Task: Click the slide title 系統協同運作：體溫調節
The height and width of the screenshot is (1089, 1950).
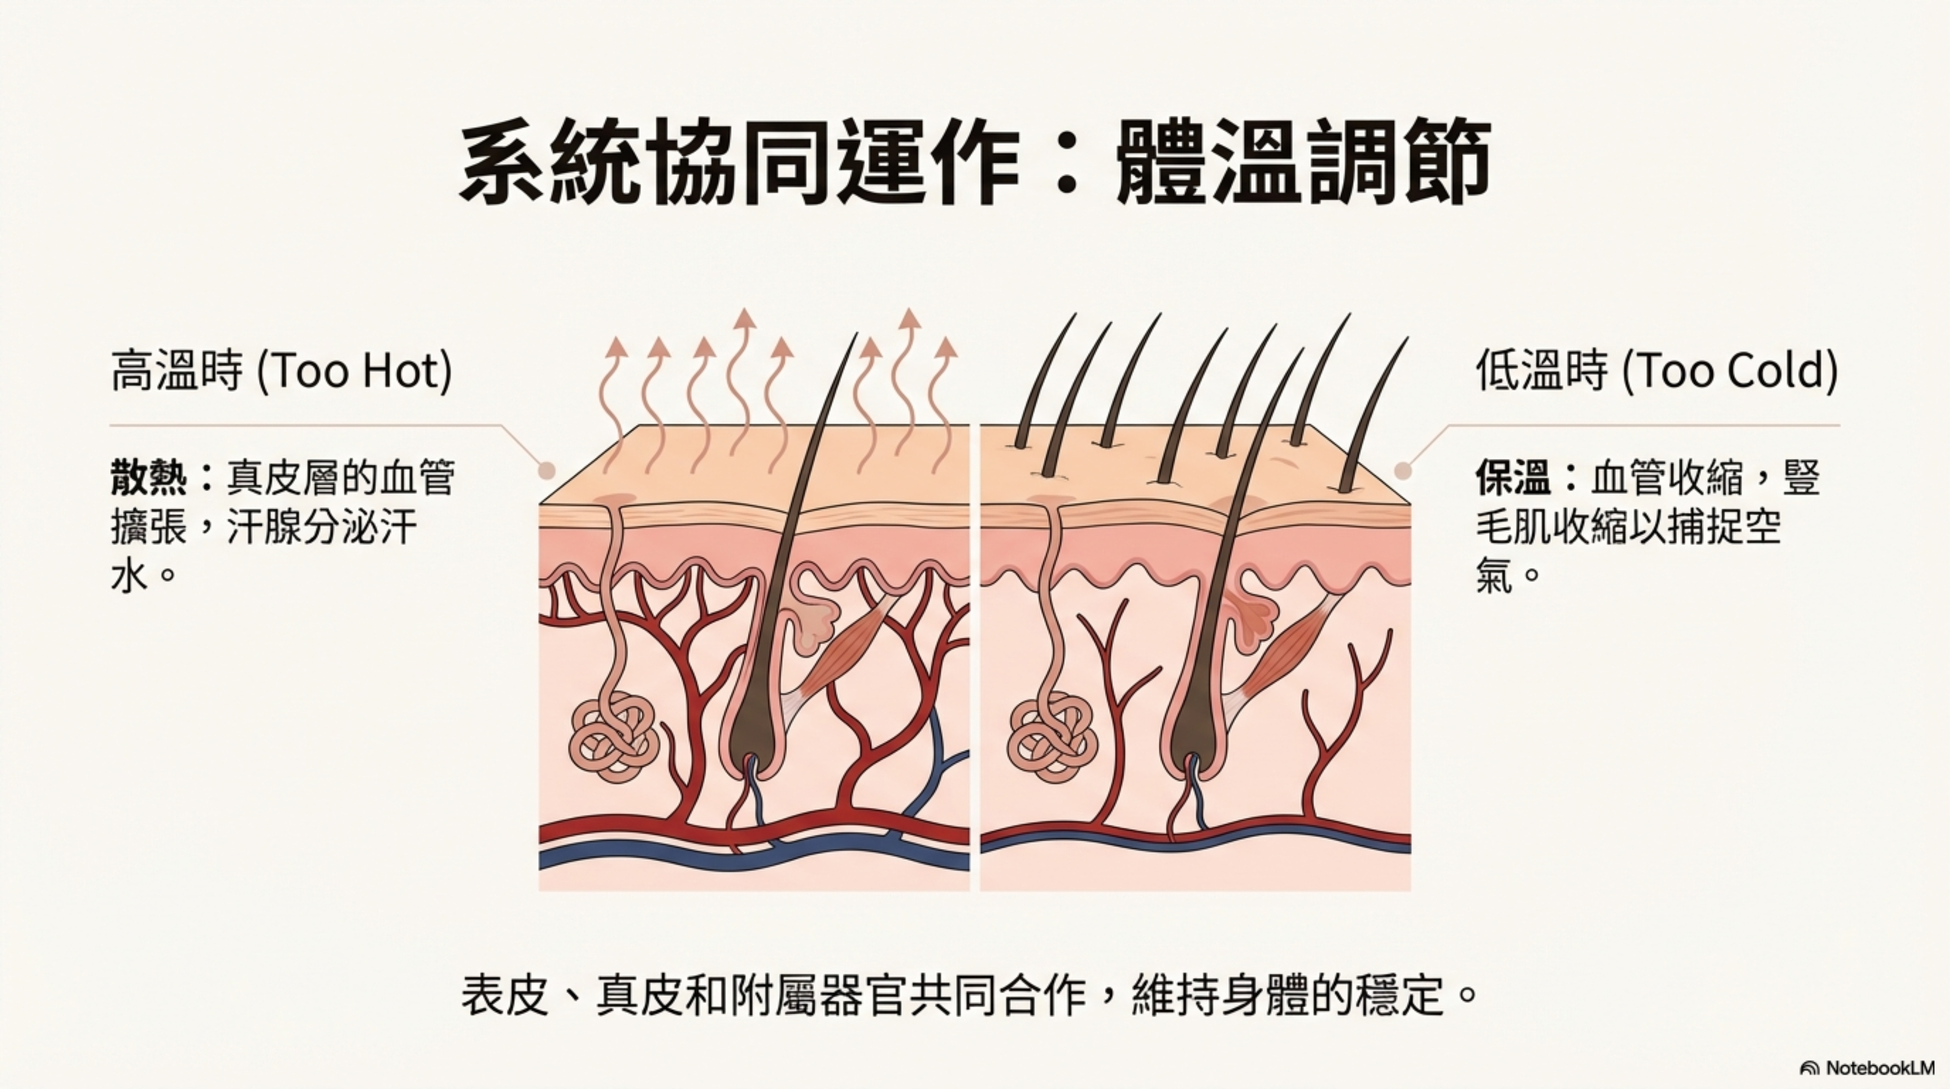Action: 975,163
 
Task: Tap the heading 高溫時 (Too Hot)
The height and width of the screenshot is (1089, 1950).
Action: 282,371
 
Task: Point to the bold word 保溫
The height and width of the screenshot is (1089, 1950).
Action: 1513,478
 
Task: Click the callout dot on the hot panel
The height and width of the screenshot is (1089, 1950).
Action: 547,471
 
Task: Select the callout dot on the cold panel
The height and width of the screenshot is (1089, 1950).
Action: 1403,471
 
